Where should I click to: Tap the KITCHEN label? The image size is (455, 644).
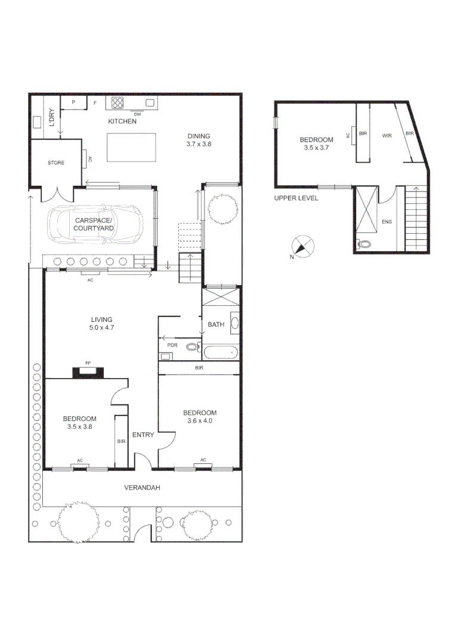(122, 122)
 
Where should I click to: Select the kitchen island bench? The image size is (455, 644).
(132, 147)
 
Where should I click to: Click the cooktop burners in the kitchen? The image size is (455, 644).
(117, 103)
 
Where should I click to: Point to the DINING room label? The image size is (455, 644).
(199, 136)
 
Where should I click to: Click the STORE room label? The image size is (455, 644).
(56, 163)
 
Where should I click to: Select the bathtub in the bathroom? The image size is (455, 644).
(221, 352)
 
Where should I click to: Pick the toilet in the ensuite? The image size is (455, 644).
(364, 243)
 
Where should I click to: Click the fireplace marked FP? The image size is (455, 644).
(88, 371)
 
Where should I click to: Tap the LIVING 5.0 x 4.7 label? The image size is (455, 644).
(101, 323)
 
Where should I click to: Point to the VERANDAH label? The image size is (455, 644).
(142, 488)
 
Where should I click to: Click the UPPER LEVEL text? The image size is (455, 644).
(296, 198)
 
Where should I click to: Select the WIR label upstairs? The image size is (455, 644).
(386, 135)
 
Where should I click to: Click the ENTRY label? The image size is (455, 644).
(143, 435)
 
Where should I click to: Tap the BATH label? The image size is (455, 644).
(216, 325)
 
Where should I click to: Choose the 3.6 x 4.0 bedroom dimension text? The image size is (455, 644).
(200, 421)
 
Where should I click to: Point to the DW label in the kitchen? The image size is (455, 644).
(137, 114)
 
